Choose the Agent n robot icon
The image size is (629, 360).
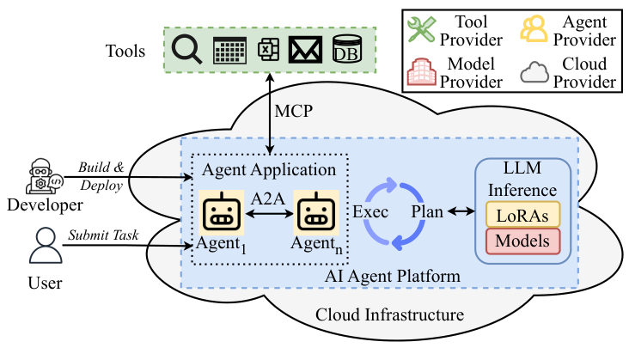[313, 215]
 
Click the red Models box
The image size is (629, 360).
[522, 241]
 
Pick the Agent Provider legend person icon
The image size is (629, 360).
[534, 29]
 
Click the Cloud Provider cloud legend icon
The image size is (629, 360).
[534, 72]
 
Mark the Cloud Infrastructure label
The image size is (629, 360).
[389, 315]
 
